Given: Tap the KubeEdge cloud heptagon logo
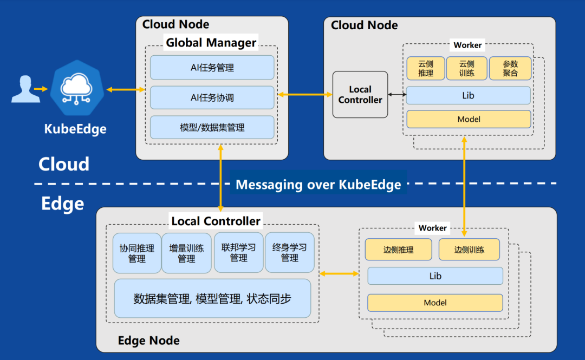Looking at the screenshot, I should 76,89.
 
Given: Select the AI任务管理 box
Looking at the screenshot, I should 212,68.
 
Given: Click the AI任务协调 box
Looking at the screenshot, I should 212,97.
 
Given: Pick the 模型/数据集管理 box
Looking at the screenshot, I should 212,127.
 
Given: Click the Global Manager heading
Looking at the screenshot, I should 211,42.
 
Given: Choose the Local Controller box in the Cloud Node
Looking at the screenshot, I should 360,95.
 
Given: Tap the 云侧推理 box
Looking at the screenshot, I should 426,68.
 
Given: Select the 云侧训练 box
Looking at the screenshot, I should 467,68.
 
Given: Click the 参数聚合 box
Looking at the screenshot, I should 510,68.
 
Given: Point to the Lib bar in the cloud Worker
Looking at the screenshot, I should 468,95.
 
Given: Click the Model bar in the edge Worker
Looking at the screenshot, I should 435,303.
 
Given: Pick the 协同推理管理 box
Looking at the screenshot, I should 137,253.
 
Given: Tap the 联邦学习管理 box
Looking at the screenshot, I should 238,252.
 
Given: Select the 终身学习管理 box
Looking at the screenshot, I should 289,252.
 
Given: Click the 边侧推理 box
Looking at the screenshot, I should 398,250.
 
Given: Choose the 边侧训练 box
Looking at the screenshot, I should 469,250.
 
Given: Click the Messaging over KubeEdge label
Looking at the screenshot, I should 318,184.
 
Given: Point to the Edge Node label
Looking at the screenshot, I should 148,341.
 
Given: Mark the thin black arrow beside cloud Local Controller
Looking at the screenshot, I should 397,95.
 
